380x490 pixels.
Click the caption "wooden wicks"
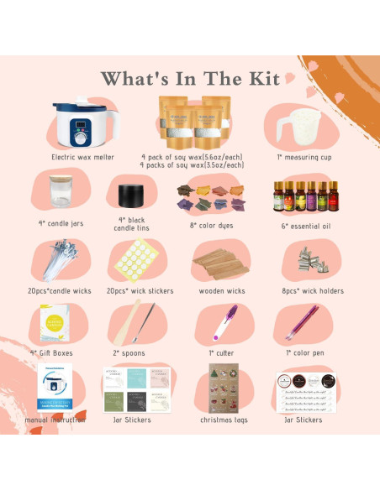(x=221, y=291)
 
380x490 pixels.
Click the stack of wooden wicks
(x=221, y=265)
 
